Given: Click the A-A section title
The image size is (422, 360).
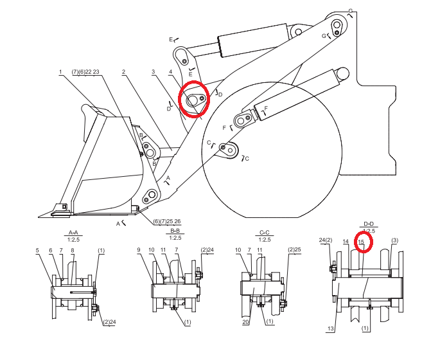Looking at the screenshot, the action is pyautogui.click(x=73, y=232).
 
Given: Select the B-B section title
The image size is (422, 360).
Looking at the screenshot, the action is pyautogui.click(x=175, y=231).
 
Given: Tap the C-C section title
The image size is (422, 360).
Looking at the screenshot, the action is pyautogui.click(x=264, y=232).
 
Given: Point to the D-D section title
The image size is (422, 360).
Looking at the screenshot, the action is pyautogui.click(x=369, y=224).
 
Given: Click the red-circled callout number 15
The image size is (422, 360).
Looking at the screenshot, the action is pyautogui.click(x=361, y=242).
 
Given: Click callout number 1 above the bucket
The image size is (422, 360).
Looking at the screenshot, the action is pyautogui.click(x=60, y=71).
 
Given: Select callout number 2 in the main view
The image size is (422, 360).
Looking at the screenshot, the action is pyautogui.click(x=123, y=71).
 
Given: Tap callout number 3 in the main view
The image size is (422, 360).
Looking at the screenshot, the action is pyautogui.click(x=153, y=71).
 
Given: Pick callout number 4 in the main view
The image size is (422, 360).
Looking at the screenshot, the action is pyautogui.click(x=170, y=71).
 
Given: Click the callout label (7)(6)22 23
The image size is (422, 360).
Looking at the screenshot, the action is pyautogui.click(x=85, y=71).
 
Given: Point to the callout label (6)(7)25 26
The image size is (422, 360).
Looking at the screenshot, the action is pyautogui.click(x=167, y=221).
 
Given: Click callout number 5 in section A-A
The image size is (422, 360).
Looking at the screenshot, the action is pyautogui.click(x=37, y=250).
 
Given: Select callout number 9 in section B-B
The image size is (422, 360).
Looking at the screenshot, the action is pyautogui.click(x=139, y=250).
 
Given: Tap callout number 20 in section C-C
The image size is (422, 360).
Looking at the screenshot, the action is pyautogui.click(x=245, y=322).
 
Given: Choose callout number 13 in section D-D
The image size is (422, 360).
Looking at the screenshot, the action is pyautogui.click(x=331, y=328).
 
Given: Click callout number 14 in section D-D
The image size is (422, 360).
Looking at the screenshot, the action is pyautogui.click(x=346, y=242).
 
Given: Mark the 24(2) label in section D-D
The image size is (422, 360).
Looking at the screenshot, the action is pyautogui.click(x=326, y=240).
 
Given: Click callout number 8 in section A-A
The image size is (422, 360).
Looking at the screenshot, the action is pyautogui.click(x=73, y=250).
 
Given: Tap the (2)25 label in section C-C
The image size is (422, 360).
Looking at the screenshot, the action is pyautogui.click(x=294, y=249).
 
